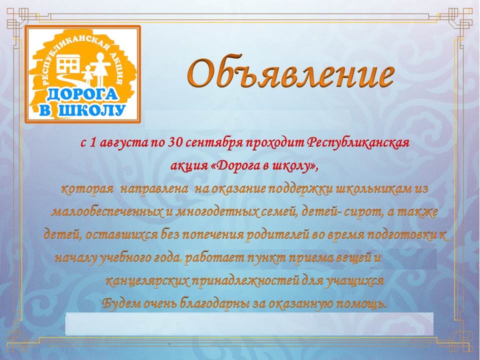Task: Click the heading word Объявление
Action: [290, 73]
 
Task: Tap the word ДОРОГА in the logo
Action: [82, 94]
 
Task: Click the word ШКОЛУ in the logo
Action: [92, 110]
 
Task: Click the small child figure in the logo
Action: [88, 75]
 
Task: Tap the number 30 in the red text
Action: [175, 142]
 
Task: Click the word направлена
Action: [154, 189]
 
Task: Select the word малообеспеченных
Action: [107, 212]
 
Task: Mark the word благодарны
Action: [214, 303]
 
